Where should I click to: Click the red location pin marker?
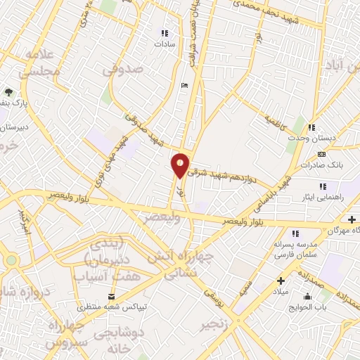tap(181, 165)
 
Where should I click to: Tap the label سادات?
tap(165, 44)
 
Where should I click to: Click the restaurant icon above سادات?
tap(165, 32)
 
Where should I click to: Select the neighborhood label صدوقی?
tap(122, 70)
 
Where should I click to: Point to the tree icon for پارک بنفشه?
tap(8, 91)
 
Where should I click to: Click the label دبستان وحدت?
tap(304, 138)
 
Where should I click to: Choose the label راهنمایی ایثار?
tap(323, 198)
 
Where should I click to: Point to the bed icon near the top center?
tap(184, 85)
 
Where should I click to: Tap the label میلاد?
tap(280, 290)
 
